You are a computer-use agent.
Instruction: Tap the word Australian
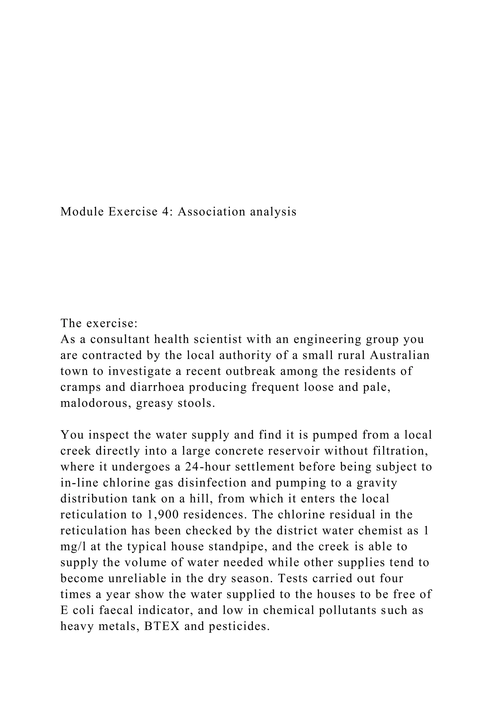coord(399,355)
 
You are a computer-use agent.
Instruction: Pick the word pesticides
coord(239,626)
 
